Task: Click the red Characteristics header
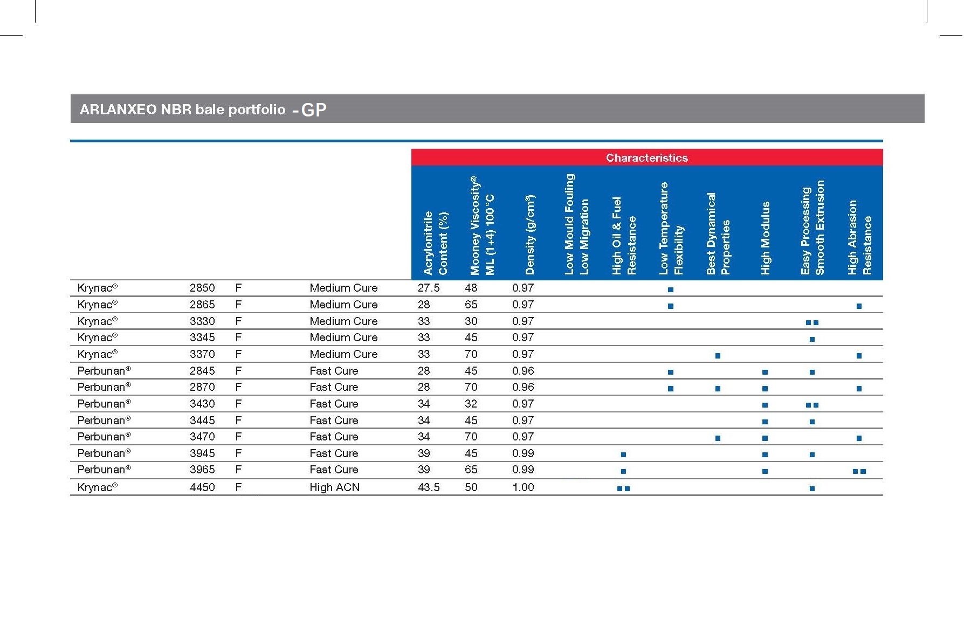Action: point(646,158)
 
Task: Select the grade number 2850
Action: point(202,288)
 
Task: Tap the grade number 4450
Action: point(202,487)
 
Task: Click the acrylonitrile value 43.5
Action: point(429,487)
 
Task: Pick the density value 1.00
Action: point(523,487)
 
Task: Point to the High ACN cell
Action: point(334,487)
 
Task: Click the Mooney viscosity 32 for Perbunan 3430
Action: point(471,404)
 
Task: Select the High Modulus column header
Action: point(765,238)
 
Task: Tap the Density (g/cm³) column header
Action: point(530,235)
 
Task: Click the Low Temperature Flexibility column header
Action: point(671,229)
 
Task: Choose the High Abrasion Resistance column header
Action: point(859,237)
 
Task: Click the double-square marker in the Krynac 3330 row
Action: point(812,323)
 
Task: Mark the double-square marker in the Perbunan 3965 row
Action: point(859,472)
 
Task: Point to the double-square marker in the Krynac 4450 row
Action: point(623,489)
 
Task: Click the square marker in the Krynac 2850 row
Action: point(671,290)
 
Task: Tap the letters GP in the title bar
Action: point(314,110)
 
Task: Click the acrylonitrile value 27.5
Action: point(429,288)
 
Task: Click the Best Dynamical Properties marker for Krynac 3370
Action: point(718,356)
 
